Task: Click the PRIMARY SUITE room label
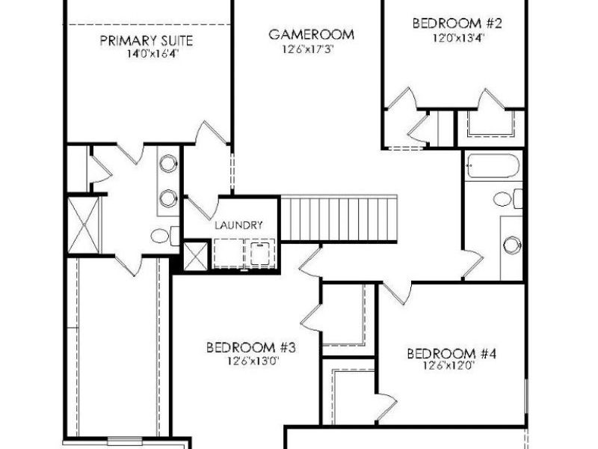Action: [x=147, y=40]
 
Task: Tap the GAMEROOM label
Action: [x=310, y=34]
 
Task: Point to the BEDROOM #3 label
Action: [x=252, y=348]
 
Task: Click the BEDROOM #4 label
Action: [x=451, y=353]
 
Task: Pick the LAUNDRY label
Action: [x=238, y=224]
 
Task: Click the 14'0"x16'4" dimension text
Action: [x=147, y=54]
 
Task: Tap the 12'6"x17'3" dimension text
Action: [x=310, y=49]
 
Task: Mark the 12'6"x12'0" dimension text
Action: [x=451, y=367]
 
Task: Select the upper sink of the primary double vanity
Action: [x=169, y=162]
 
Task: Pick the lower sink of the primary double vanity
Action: [x=169, y=198]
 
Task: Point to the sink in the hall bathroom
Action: [x=511, y=244]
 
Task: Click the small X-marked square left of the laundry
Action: [x=194, y=255]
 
